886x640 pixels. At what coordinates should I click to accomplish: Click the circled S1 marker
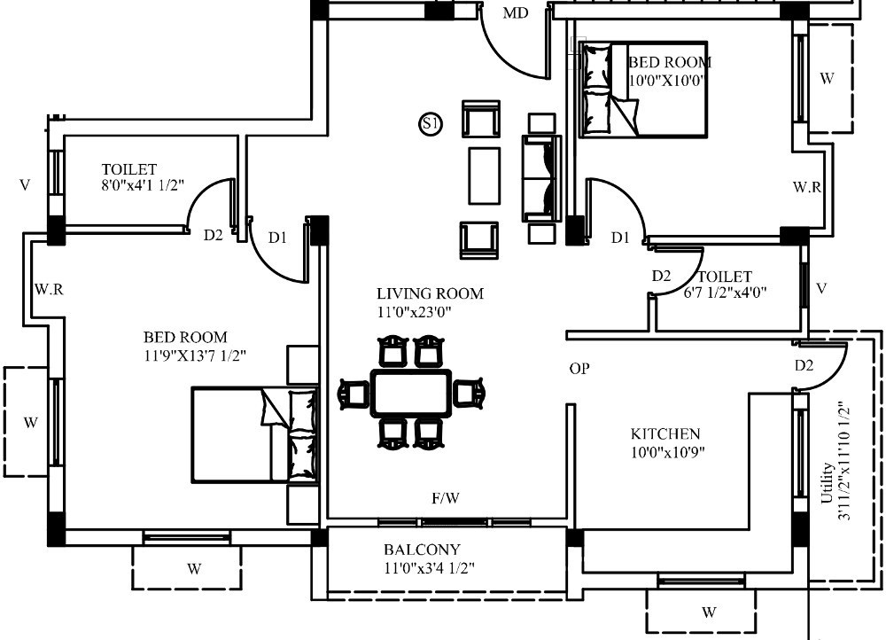(x=431, y=124)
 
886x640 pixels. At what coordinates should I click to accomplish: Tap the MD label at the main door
(x=516, y=13)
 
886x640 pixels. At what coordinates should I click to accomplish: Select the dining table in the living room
(x=411, y=393)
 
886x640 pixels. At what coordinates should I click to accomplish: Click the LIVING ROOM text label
(x=430, y=293)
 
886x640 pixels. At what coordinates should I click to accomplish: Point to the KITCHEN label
(x=665, y=434)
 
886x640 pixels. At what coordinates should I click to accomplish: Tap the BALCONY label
(x=422, y=550)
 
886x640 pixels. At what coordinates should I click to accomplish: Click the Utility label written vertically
(x=827, y=483)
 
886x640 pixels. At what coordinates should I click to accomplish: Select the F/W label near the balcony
(x=446, y=498)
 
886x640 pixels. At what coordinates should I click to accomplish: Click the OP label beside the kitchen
(x=579, y=369)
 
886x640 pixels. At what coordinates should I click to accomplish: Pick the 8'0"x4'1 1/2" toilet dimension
(x=143, y=185)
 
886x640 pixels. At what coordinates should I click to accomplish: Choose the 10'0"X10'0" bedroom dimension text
(x=666, y=81)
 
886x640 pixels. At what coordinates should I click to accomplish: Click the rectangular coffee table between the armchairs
(x=485, y=176)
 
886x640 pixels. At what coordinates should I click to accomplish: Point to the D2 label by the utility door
(x=804, y=366)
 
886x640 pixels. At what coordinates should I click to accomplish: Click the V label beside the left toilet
(x=24, y=185)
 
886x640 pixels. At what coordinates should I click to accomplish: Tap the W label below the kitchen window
(x=709, y=612)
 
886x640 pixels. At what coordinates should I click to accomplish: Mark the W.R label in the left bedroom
(x=49, y=290)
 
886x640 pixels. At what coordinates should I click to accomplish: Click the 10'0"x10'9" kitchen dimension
(x=667, y=452)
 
